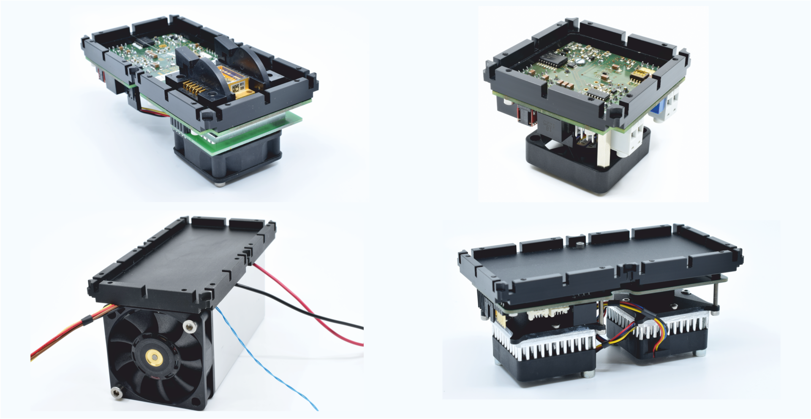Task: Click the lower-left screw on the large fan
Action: [x=116, y=393]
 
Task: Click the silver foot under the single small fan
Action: [x=220, y=182]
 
